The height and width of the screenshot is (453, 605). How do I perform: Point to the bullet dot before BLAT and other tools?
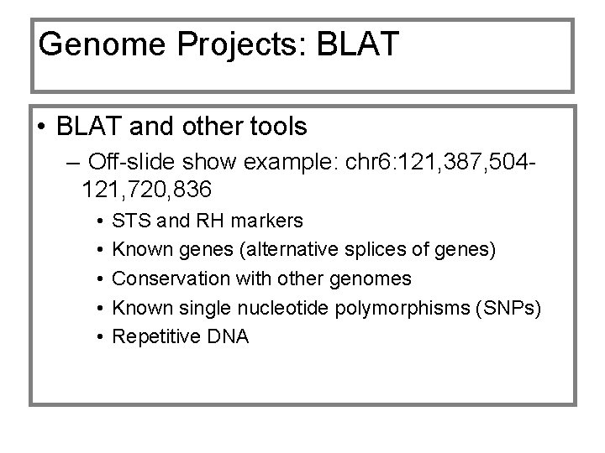click(41, 128)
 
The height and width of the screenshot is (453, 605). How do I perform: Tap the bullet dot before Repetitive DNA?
click(99, 336)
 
